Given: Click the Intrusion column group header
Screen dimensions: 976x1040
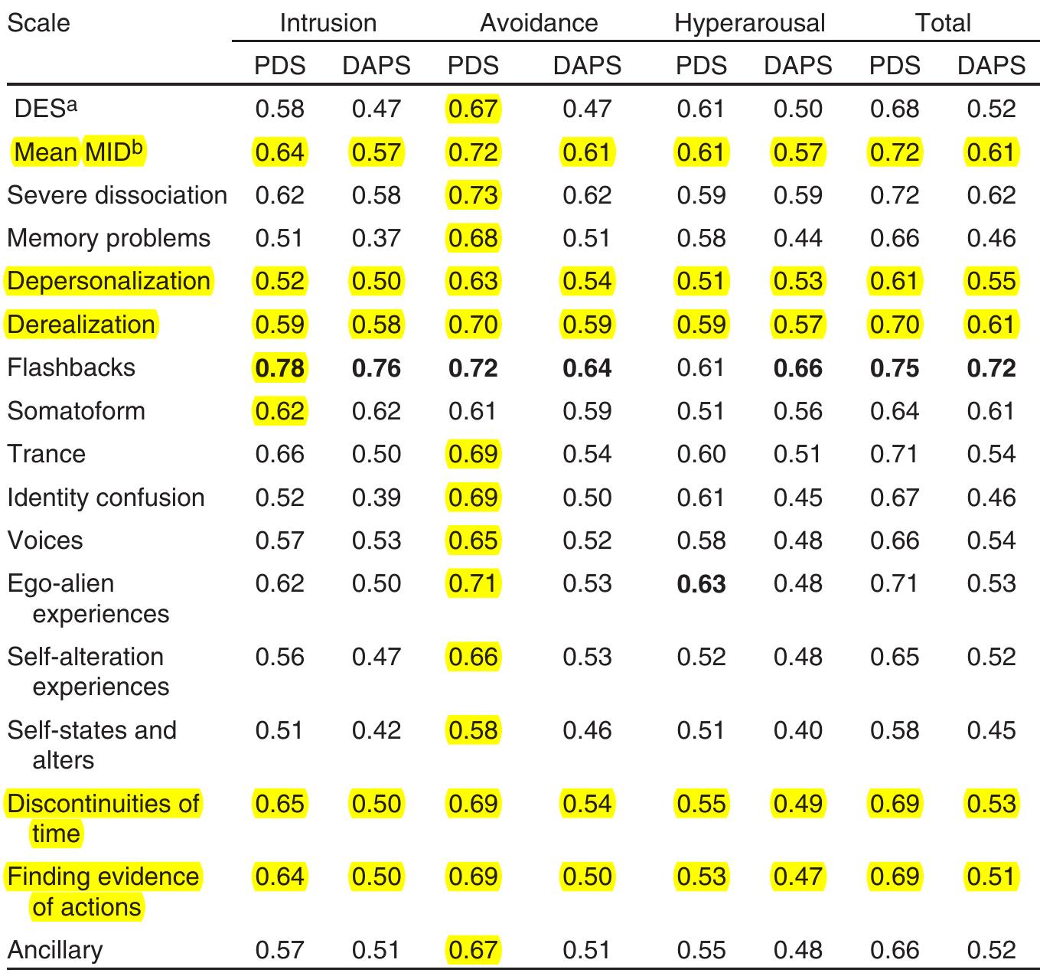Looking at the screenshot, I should [x=328, y=23].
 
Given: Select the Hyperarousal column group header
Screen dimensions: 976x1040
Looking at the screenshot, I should [x=749, y=23].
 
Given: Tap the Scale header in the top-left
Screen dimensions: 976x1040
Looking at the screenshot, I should [x=38, y=23].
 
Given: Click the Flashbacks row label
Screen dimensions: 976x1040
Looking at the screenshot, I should [x=71, y=367].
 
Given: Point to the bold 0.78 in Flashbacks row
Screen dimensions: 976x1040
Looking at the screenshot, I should [x=279, y=368].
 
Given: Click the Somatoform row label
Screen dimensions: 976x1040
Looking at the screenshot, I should [x=76, y=411].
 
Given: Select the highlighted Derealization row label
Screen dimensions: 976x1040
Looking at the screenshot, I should [x=81, y=325].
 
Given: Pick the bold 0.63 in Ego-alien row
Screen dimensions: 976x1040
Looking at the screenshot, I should [x=701, y=584].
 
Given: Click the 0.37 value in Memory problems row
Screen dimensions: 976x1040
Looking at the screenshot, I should [x=376, y=238].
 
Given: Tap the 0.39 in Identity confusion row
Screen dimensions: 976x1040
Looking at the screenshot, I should [x=376, y=498].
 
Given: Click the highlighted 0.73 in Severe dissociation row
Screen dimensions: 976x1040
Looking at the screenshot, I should [x=473, y=195].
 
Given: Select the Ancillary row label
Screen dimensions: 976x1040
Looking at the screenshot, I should [x=54, y=950].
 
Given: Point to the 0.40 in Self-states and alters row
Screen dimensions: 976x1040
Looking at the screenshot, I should [x=797, y=730].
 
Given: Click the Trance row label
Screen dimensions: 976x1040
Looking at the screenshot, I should [x=46, y=454].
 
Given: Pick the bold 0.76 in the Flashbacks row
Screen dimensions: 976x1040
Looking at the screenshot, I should [x=376, y=368].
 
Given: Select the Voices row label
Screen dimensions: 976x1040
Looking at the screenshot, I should [x=44, y=540].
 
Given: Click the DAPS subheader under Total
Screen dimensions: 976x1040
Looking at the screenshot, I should [x=991, y=66].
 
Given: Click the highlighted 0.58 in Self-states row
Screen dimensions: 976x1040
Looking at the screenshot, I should [x=473, y=730].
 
